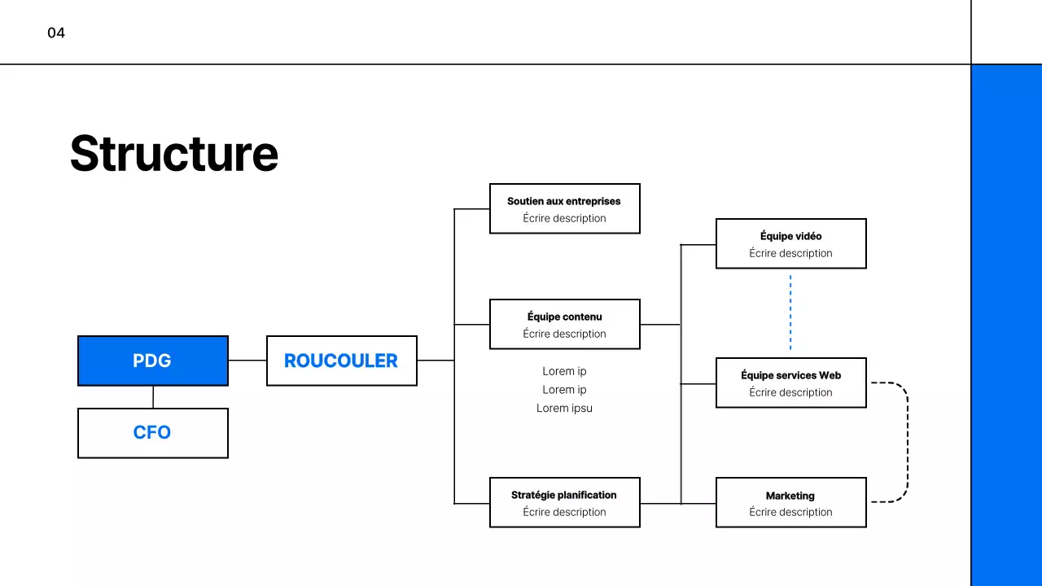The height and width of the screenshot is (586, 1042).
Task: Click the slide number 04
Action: (56, 33)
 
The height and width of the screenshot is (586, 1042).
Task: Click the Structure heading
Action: (174, 153)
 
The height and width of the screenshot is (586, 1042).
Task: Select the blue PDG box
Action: (153, 361)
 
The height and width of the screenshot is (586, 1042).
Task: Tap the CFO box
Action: (153, 432)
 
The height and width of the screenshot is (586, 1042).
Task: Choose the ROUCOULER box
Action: (341, 361)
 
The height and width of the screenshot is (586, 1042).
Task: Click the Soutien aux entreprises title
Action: (564, 201)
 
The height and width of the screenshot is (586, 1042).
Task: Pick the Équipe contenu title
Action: (564, 317)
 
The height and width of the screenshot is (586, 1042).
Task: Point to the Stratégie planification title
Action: (564, 495)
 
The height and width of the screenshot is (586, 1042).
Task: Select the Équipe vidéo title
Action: (790, 236)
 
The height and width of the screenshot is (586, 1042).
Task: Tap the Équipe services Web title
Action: (790, 375)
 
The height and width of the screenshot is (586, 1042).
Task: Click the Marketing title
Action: (790, 496)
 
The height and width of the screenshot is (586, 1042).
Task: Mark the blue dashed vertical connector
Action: (790, 313)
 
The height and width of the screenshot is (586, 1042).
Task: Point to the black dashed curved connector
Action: (906, 442)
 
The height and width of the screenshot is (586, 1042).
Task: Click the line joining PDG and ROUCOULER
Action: (247, 360)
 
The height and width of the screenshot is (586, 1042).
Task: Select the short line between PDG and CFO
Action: (153, 396)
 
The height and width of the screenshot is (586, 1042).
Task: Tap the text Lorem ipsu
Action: (564, 408)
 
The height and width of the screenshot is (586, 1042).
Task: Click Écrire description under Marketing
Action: (790, 512)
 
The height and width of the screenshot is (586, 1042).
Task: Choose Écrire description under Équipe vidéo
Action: (790, 253)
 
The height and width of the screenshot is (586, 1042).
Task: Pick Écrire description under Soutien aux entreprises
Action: (564, 218)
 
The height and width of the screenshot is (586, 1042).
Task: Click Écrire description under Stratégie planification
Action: (564, 512)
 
